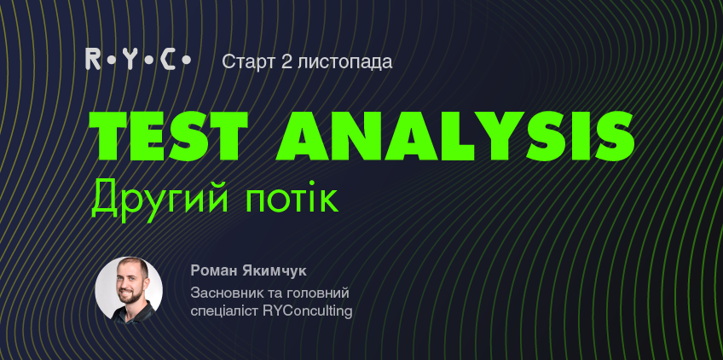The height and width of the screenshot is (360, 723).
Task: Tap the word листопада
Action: (345, 62)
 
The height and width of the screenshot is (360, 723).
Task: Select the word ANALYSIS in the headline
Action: (455, 136)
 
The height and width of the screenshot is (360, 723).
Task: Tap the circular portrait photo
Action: (129, 290)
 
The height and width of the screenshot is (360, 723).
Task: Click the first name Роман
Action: (214, 271)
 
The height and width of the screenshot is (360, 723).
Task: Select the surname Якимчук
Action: (275, 271)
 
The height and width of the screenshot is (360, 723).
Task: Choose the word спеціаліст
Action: (224, 311)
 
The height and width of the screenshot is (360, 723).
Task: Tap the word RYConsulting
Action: (308, 311)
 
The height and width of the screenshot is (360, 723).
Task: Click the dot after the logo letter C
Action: (186, 60)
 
